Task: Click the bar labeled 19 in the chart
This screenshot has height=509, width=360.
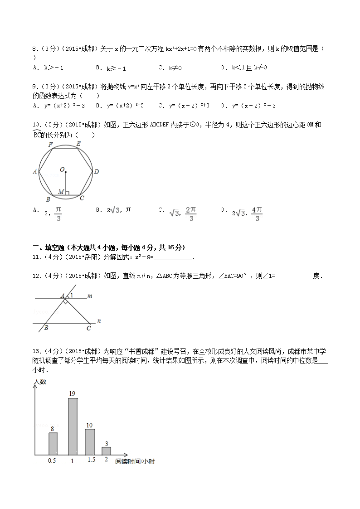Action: click(x=73, y=426)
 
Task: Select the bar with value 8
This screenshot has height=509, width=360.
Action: click(x=53, y=443)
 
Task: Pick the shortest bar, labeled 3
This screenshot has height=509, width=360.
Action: click(x=106, y=451)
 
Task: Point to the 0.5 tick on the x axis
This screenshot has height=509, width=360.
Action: click(x=52, y=461)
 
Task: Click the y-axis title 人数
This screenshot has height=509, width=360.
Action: click(x=40, y=382)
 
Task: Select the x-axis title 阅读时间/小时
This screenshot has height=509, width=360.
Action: click(x=135, y=461)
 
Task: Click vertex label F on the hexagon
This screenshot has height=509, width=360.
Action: click(x=51, y=145)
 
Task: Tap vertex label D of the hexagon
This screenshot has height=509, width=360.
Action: click(x=96, y=172)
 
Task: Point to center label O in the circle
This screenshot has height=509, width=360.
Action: click(x=62, y=170)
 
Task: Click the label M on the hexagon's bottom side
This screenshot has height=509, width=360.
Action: click(x=61, y=192)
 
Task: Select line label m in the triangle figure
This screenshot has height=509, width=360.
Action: click(x=90, y=296)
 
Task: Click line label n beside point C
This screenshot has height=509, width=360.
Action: click(x=99, y=321)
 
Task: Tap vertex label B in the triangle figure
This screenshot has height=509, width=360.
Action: click(x=46, y=328)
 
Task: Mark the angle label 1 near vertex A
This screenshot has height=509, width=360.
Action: click(x=71, y=295)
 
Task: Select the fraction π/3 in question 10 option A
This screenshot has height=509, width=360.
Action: click(x=58, y=213)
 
